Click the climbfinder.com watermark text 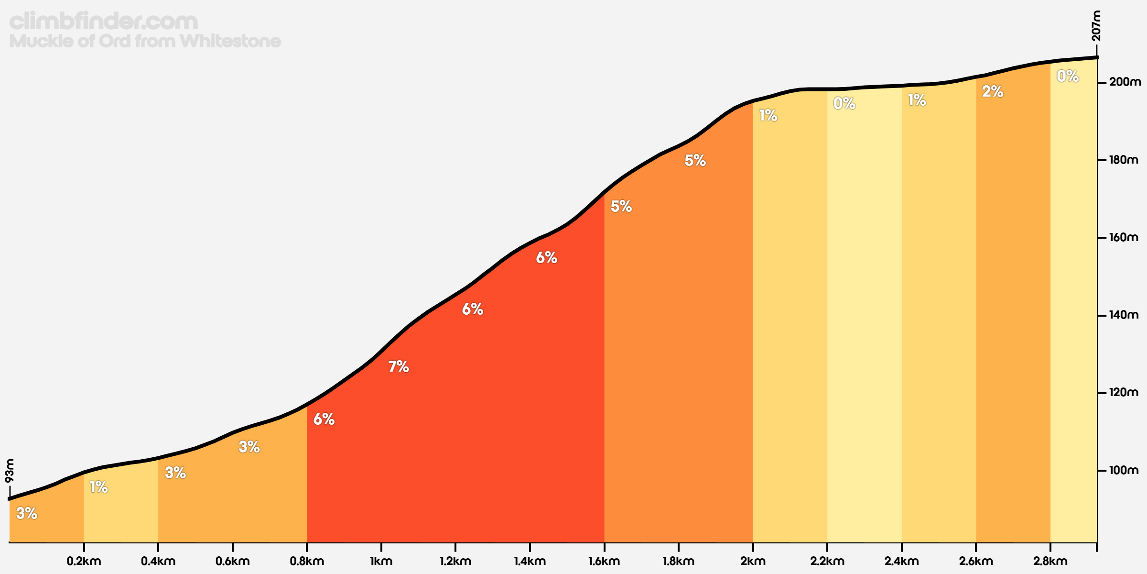point(104,22)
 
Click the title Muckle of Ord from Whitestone point(145,41)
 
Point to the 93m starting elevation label point(10,471)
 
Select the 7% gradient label point(399,366)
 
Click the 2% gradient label point(993,91)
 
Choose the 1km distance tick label point(381,561)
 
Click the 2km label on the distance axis point(753,561)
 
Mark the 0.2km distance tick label point(84,561)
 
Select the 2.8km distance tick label point(1050,561)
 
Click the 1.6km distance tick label point(604,561)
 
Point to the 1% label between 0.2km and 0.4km point(99,487)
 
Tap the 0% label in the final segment point(1068,76)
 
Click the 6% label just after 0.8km point(324,419)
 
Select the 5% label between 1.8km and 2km point(695,160)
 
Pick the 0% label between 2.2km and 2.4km point(844,103)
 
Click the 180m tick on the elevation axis point(1102,160)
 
